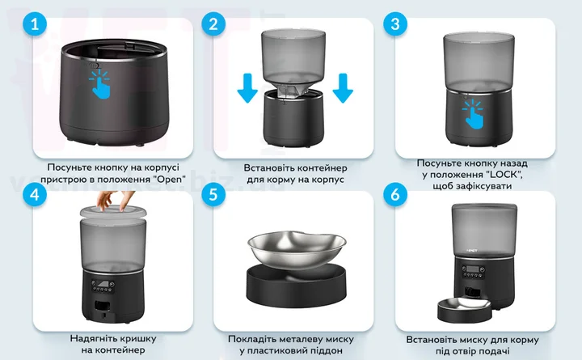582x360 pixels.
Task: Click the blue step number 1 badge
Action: pyautogui.click(x=35, y=24)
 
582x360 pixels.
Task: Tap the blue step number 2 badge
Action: pyautogui.click(x=213, y=24)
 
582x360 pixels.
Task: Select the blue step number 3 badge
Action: pyautogui.click(x=395, y=24)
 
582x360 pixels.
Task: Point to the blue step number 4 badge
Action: pyautogui.click(x=35, y=194)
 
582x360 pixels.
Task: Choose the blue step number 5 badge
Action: pyautogui.click(x=213, y=194)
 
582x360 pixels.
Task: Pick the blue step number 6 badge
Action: pyautogui.click(x=395, y=194)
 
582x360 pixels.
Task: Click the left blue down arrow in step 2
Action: pyautogui.click(x=247, y=88)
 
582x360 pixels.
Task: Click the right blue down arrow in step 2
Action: pyautogui.click(x=343, y=88)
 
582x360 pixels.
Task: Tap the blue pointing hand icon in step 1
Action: pyautogui.click(x=100, y=84)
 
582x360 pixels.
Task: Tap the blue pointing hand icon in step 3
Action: pyautogui.click(x=473, y=114)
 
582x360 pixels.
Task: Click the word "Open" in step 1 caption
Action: pyautogui.click(x=169, y=180)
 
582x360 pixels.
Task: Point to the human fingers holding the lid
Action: pyautogui.click(x=110, y=201)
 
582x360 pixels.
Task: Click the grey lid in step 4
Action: pyautogui.click(x=113, y=212)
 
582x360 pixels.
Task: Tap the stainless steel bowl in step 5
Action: pyautogui.click(x=297, y=250)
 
